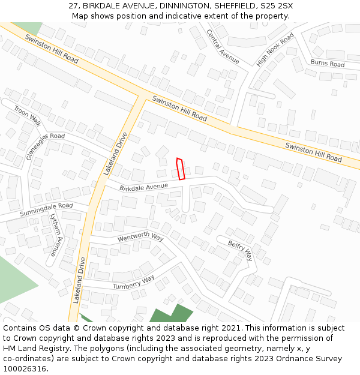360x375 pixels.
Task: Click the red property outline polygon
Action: [181, 169]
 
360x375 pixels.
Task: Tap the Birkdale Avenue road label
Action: [143, 187]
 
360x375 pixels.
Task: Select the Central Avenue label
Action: [223, 46]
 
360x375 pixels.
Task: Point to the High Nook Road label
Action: [275, 50]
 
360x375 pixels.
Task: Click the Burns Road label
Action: [328, 63]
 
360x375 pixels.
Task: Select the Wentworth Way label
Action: [140, 238]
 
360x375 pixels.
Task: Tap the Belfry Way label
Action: [240, 251]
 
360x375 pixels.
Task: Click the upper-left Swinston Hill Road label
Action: [52, 49]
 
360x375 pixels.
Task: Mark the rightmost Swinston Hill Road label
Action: [313, 152]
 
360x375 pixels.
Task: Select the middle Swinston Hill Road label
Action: [179, 109]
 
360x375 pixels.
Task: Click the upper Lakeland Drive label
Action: [116, 153]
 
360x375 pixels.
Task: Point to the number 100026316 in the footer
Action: [25, 369]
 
